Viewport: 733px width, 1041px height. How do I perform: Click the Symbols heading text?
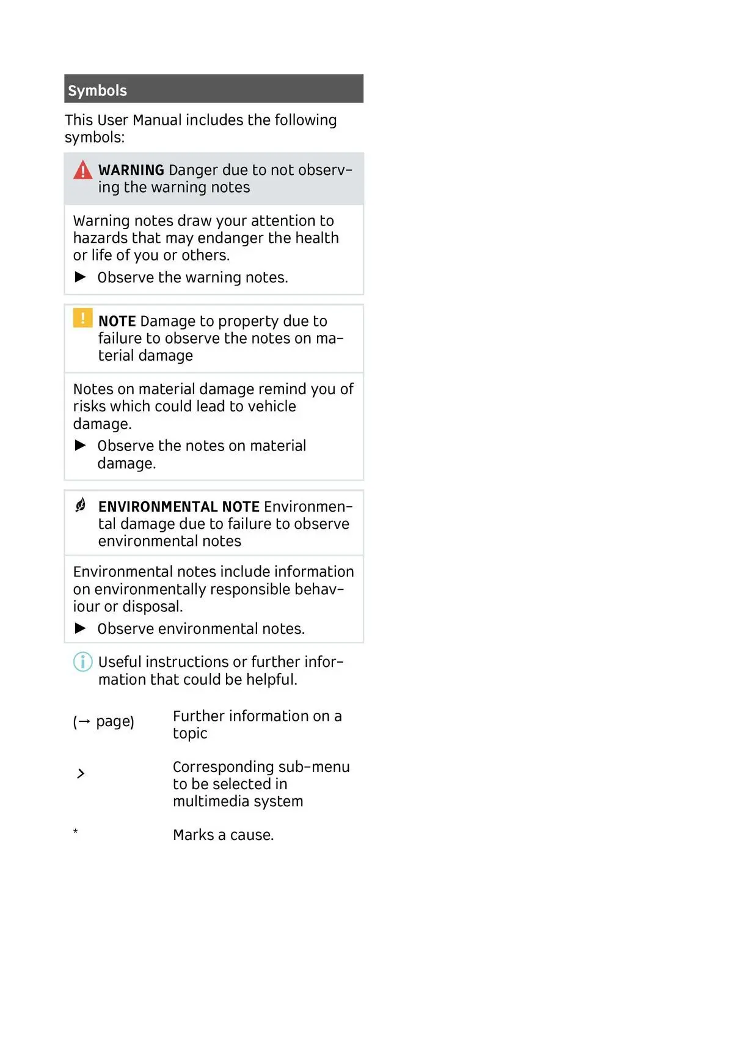97,90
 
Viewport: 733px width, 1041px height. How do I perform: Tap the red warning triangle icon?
82,170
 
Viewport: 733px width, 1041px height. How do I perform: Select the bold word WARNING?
131,170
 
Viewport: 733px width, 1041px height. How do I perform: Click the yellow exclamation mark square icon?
82,318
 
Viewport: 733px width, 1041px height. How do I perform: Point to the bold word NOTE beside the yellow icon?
117,321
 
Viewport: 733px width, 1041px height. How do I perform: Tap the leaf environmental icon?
81,505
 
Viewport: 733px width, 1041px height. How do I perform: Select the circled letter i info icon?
82,661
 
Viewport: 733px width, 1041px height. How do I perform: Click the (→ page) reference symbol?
103,721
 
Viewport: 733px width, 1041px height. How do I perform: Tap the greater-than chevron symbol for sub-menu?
81,774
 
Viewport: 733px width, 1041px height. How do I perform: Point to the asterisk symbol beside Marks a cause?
75,831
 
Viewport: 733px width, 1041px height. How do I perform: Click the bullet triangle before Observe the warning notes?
80,277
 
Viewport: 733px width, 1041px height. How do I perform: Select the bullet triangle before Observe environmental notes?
80,628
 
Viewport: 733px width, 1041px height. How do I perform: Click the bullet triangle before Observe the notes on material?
80,445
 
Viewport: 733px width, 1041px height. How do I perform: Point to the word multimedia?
211,801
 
